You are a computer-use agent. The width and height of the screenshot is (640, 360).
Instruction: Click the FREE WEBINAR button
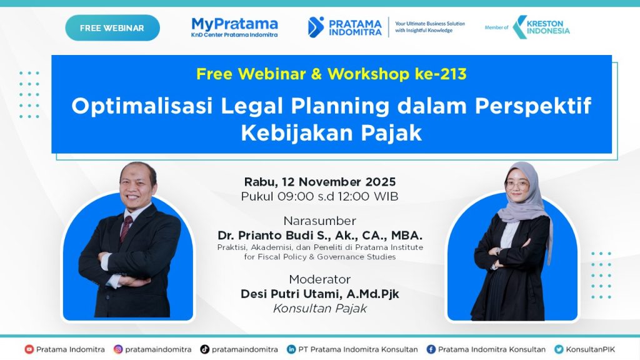112,27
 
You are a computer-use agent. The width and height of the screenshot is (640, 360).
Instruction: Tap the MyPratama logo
234,27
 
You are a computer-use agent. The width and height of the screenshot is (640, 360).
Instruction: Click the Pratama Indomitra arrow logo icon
316,27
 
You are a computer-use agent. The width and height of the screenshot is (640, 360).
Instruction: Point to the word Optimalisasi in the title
142,106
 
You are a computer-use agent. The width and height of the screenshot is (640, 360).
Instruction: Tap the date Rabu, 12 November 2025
320,182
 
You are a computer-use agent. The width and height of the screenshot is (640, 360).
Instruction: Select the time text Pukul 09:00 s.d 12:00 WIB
319,196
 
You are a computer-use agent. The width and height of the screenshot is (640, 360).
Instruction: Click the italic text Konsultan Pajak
320,309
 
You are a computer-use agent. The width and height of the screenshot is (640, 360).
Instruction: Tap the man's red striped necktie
126,229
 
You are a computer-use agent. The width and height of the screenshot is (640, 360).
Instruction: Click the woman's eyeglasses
517,185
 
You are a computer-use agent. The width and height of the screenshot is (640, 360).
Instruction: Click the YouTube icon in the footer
29,349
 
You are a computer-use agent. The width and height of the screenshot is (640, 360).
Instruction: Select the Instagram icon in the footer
118,349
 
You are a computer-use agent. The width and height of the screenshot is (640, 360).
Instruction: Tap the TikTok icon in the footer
204,349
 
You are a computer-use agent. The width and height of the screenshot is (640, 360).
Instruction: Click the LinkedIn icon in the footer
291,349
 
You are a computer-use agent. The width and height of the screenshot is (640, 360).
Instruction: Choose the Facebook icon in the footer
431,349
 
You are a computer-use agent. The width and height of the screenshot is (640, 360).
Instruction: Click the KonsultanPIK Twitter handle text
590,349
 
